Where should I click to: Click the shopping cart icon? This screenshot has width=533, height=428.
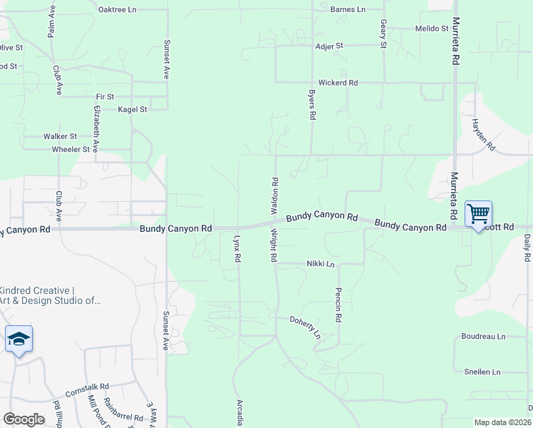tap(478, 213)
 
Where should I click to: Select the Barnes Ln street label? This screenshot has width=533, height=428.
tap(348, 10)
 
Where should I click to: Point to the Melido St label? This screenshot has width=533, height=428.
tap(432, 29)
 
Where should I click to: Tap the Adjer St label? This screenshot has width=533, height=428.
tap(329, 46)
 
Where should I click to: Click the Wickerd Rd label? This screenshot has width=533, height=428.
tap(338, 83)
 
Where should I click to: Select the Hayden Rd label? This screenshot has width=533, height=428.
tap(482, 134)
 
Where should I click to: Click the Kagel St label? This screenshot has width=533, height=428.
tap(133, 110)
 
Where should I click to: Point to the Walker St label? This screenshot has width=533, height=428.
tap(60, 136)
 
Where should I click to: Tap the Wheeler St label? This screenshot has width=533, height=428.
tap(71, 150)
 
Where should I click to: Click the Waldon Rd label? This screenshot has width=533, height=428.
tap(273, 193)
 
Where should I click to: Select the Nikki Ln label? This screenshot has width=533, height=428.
tap(321, 264)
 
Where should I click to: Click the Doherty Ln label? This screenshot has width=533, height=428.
tap(306, 327)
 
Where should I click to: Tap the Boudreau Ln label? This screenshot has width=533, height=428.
tap(483, 336)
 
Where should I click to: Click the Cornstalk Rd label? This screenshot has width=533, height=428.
tap(87, 390)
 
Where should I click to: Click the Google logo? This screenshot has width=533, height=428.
tap(24, 419)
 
